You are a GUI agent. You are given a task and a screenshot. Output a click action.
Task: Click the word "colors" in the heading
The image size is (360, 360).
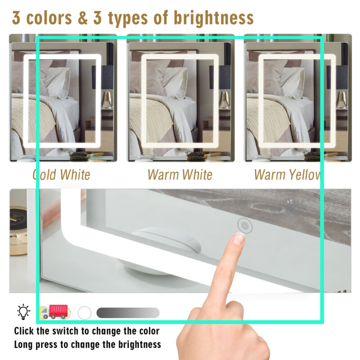click(x=49, y=18)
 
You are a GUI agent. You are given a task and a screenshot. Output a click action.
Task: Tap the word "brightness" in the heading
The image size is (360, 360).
click(x=213, y=18)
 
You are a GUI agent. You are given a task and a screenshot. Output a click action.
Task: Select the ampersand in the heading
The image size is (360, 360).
click(x=83, y=18)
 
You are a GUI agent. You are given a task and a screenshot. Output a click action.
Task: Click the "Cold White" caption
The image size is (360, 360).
click(x=61, y=175)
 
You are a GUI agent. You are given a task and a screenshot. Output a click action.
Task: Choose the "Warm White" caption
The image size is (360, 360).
click(x=180, y=175)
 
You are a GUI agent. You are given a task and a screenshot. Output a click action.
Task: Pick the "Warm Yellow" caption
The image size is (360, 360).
click(x=288, y=175)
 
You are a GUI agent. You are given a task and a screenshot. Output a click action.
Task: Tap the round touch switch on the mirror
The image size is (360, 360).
click(x=245, y=226)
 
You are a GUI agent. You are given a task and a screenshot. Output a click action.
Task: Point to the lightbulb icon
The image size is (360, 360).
click(x=23, y=312)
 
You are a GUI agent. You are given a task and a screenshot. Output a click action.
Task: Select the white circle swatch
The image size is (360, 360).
click(x=85, y=313)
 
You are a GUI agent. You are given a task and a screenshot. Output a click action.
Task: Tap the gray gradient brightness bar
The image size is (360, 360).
click(x=128, y=313)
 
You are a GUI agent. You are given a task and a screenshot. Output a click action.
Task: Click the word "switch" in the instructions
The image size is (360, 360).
click(x=65, y=331)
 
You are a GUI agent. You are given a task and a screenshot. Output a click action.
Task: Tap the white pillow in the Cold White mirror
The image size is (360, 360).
click(x=58, y=83)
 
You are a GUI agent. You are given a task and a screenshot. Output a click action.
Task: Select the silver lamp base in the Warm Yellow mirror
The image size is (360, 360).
click(x=342, y=100)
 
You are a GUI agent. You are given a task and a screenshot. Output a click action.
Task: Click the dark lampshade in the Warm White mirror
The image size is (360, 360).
click(x=220, y=77)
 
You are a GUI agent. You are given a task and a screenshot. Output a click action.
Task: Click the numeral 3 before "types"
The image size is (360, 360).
click(x=97, y=18)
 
